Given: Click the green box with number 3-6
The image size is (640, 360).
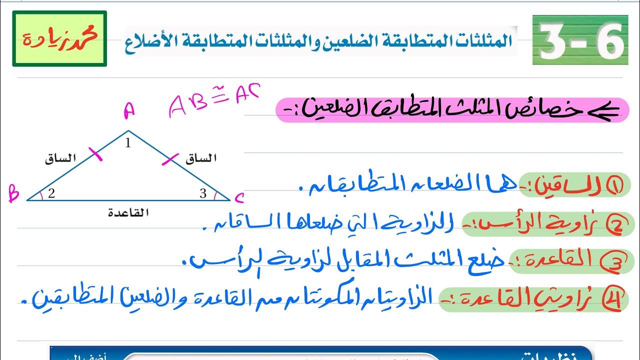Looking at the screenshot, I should point(580,40).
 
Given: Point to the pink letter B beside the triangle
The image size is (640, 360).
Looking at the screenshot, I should point(13,193).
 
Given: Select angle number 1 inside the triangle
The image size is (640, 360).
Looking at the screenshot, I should point(128,144).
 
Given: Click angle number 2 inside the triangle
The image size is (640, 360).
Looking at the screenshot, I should point(51,193).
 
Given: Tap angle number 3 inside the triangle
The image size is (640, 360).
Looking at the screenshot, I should point(203,193).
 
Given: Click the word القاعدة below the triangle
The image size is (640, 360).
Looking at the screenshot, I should point(128,212).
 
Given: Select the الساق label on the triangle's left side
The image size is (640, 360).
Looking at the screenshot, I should point(60,159).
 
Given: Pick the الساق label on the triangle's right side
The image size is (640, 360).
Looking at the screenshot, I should point(201,159).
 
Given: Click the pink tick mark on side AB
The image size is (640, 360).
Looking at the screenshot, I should point(96,155).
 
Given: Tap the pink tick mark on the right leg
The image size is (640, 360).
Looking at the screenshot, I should point(170,159).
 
